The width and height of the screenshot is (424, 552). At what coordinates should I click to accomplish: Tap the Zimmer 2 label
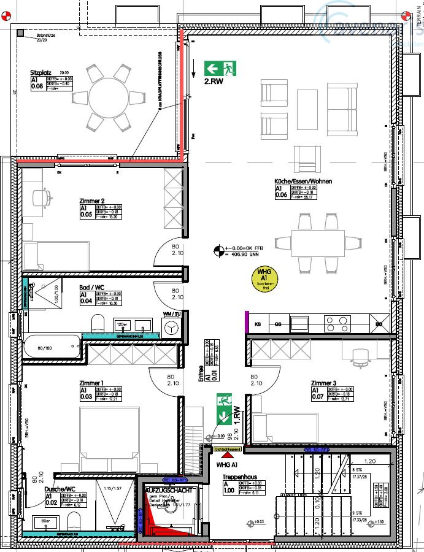[x=92, y=201]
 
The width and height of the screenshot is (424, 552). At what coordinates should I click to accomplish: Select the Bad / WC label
[x=91, y=287]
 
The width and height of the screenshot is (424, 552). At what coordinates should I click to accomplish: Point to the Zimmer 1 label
[x=91, y=383]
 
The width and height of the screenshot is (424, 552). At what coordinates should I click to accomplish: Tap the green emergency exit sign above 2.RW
[x=220, y=68]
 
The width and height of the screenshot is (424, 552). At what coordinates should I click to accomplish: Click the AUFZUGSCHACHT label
[x=170, y=491]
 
